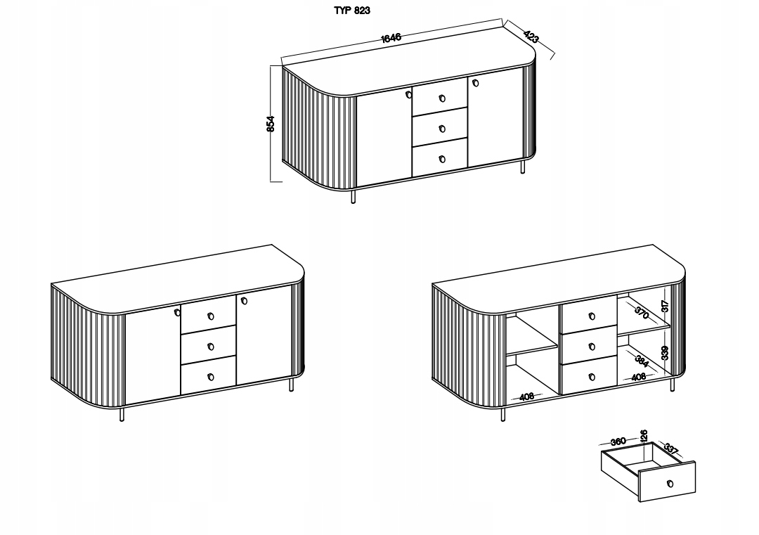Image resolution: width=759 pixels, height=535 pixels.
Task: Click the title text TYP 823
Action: point(352,11)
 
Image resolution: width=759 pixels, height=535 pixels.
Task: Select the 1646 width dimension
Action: point(391,37)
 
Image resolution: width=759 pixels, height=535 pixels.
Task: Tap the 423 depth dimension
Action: point(531,36)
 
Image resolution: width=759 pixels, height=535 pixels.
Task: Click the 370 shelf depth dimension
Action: point(641,314)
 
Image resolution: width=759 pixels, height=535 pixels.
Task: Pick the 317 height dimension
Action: point(665,306)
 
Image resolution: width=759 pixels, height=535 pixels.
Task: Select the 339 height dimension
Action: point(665,353)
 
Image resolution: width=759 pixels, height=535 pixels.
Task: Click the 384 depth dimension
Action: point(642,361)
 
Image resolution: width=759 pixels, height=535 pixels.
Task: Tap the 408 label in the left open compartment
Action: point(526,397)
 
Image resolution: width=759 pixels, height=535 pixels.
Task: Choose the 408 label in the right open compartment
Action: point(638,377)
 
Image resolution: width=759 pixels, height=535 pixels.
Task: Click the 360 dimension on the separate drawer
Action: point(618,441)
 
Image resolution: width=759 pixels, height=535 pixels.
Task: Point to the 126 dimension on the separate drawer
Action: point(643,436)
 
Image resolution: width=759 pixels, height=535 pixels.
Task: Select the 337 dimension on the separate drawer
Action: point(670,449)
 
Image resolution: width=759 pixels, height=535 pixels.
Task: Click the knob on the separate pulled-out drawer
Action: point(670,484)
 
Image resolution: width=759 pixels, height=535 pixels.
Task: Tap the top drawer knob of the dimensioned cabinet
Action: point(442,98)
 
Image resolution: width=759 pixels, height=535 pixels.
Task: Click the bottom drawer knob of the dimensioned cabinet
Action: point(442,159)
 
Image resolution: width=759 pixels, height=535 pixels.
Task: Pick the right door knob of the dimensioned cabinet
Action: point(475,82)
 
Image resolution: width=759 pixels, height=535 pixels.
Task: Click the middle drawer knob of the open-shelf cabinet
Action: point(592,347)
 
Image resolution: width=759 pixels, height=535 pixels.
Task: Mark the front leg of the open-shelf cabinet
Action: point(503,415)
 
